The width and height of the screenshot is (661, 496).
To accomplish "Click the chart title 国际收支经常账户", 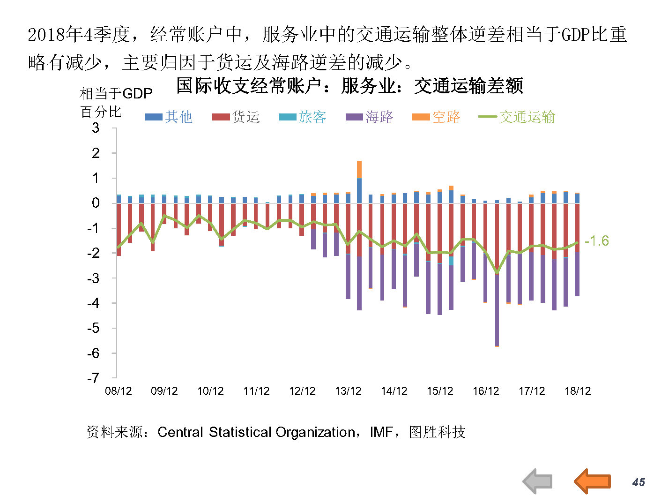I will tap(349, 86).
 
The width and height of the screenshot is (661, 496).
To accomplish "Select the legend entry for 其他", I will tap(169, 117).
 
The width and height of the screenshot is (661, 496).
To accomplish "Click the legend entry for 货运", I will tap(236, 117).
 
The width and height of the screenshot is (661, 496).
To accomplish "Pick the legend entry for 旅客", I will tap(303, 117).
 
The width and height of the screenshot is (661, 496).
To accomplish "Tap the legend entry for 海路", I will tap(370, 117).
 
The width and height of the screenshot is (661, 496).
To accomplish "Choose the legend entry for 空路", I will tap(436, 117).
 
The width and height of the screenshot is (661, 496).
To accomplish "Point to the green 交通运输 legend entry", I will tap(517, 117).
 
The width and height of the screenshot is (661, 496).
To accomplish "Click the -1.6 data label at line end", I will tap(597, 241).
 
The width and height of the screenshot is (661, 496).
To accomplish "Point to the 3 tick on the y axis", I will tap(96, 128).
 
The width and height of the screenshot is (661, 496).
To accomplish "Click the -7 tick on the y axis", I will tap(94, 378).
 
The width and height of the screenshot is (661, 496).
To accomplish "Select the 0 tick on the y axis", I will tap(96, 203).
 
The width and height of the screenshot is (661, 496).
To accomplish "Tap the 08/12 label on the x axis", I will tap(118, 391).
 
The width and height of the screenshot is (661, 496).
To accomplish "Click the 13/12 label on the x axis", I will tap(348, 391).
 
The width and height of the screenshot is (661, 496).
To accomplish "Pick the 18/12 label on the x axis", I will tap(578, 391).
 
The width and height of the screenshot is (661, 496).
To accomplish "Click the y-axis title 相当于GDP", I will tap(116, 94).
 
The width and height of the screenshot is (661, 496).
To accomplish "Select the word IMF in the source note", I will tap(381, 432).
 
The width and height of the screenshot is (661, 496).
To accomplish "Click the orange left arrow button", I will tap(592, 481).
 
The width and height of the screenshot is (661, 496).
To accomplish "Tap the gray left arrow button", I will tap(537, 481).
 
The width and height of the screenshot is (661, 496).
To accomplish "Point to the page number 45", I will tap(639, 482).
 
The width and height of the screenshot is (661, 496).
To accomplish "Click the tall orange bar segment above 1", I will tap(359, 169).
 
